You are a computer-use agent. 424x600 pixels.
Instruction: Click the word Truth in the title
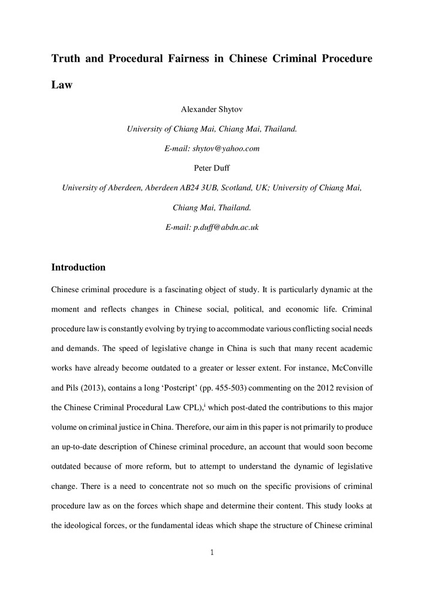(x=67, y=59)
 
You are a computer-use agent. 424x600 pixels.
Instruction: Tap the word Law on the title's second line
(x=62, y=85)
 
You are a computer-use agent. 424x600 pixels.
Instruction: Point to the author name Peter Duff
(x=212, y=168)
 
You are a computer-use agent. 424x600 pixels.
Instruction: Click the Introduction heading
(x=79, y=267)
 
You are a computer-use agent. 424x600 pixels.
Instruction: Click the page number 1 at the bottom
(x=212, y=553)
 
